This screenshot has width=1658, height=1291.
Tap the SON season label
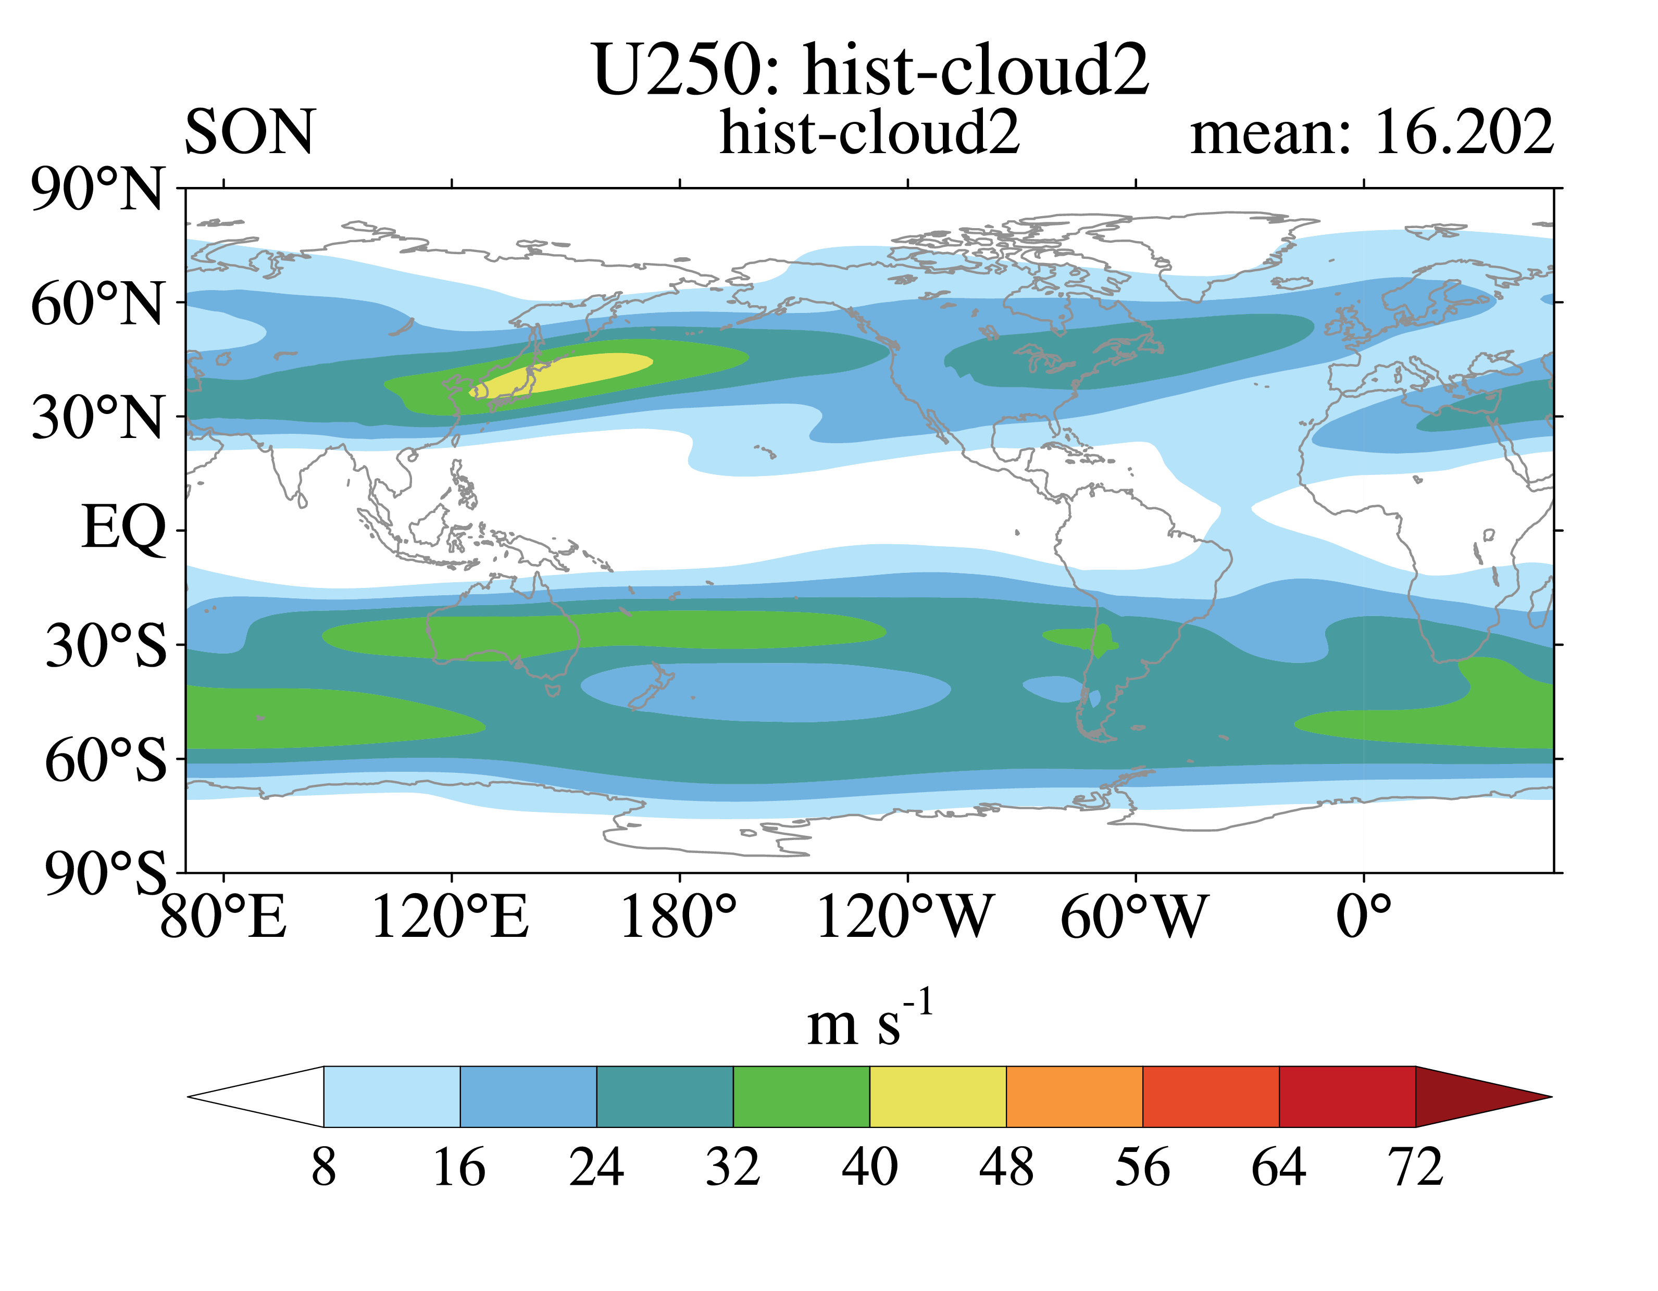pos(249,132)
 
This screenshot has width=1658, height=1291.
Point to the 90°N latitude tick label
pos(96,190)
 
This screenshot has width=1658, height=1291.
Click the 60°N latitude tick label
pos(96,304)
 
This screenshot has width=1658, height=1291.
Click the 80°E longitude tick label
pos(223,918)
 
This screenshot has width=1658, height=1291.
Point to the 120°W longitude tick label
pos(905,918)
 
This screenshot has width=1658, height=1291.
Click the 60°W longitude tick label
pos(1132,918)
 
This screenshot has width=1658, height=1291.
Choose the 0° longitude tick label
pos(1364,918)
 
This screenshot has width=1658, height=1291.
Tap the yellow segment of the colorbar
pos(938,1097)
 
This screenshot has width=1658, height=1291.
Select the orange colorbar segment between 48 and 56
pos(1074,1097)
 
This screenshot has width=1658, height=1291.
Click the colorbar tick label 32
pos(732,1167)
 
